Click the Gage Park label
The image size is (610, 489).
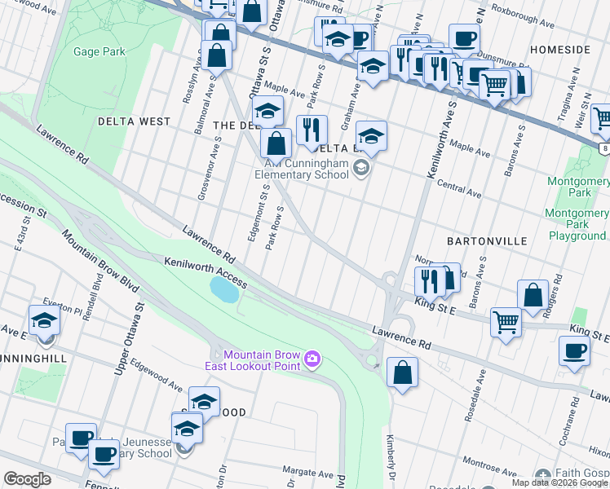tap(99, 52)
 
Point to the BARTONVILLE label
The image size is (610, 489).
tap(487, 242)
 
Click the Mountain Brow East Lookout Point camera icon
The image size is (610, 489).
tap(312, 359)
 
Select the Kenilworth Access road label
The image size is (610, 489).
tap(204, 273)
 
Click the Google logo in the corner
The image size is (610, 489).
tap(27, 479)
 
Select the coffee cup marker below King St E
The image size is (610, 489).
tap(574, 350)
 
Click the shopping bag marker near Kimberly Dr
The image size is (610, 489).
tap(402, 373)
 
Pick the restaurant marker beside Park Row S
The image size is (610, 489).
tap(312, 129)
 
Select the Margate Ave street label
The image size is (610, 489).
tap(305, 471)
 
